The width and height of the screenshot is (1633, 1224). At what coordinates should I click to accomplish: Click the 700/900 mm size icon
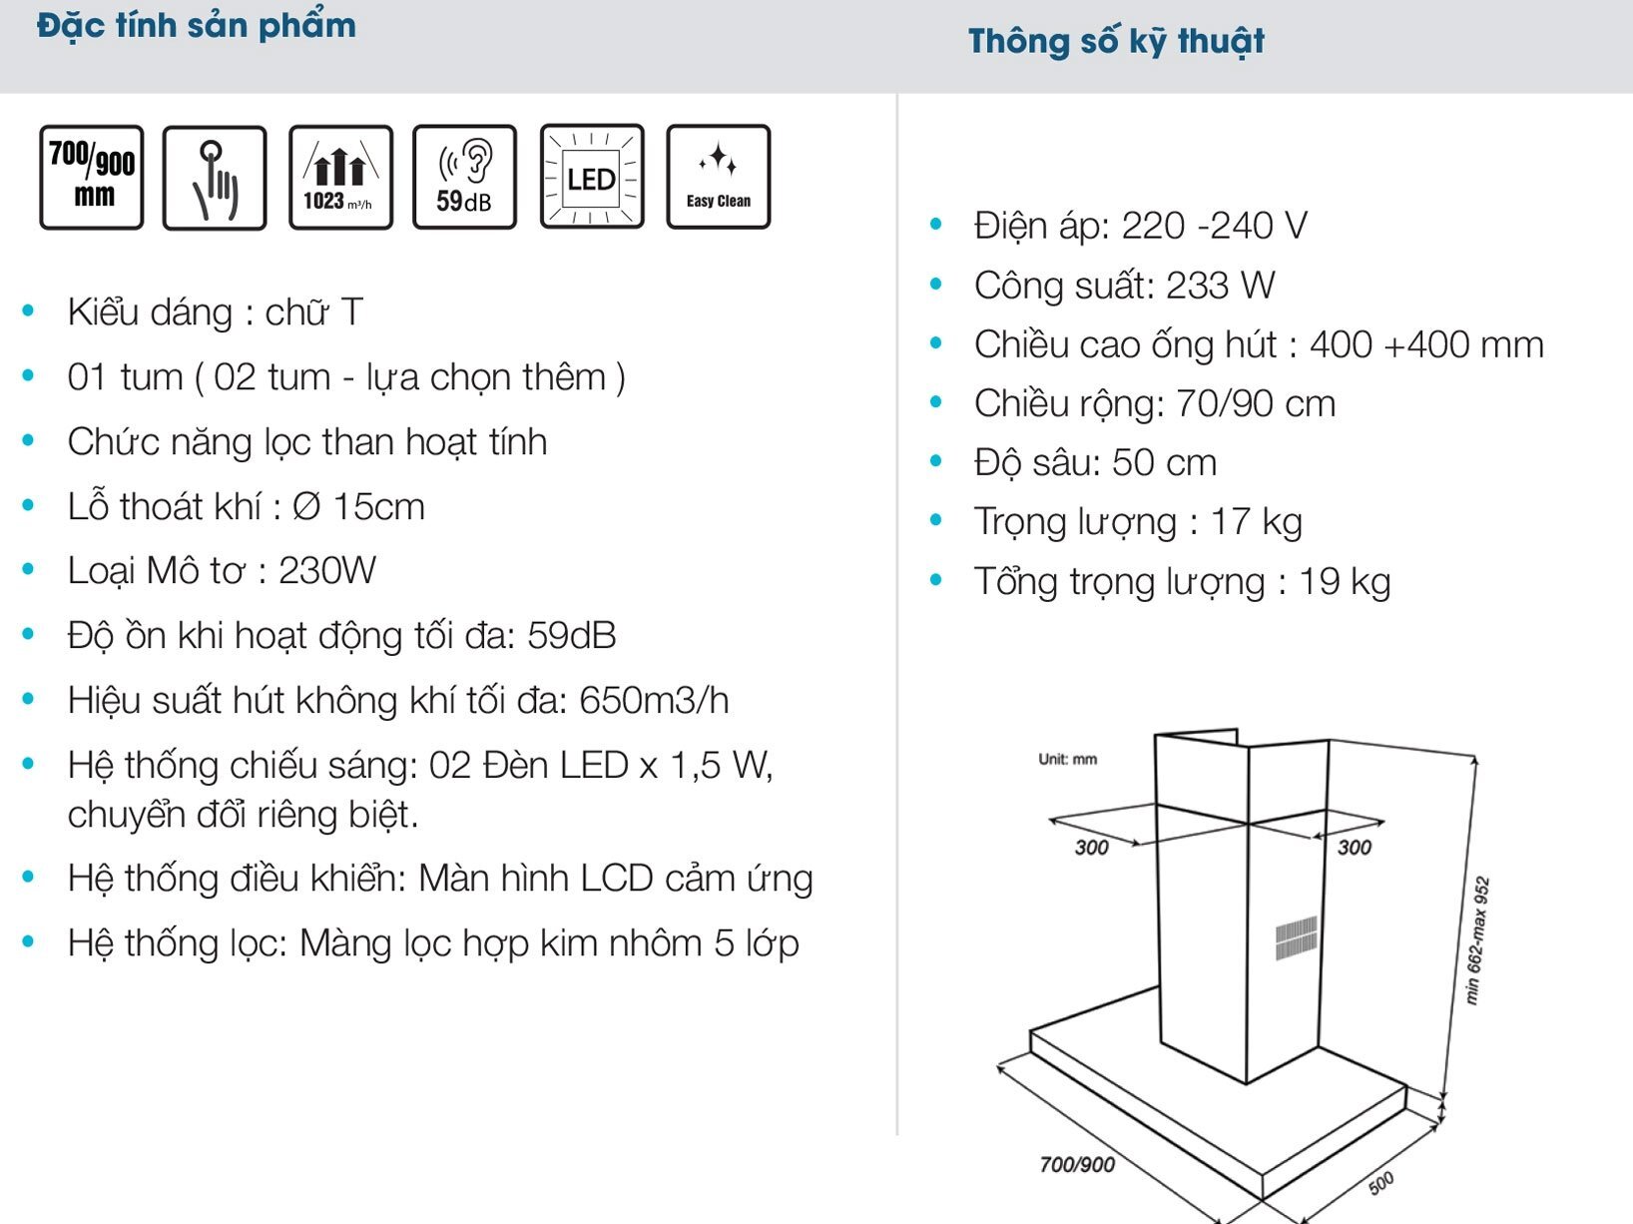(x=92, y=178)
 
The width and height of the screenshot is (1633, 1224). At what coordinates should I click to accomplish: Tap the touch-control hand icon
(x=215, y=178)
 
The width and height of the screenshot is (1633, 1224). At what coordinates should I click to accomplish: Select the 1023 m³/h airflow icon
(x=340, y=178)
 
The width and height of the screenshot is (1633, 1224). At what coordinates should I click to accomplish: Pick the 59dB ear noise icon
(x=464, y=178)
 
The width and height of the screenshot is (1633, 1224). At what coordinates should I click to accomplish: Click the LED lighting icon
(x=592, y=178)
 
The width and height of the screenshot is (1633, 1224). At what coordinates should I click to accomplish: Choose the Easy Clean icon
(x=718, y=178)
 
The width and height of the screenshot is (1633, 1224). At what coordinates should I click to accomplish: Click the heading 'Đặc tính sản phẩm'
(x=197, y=25)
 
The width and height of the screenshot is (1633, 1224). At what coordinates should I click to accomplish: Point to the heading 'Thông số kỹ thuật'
(x=1116, y=41)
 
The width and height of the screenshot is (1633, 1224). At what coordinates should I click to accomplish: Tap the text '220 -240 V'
(x=1214, y=227)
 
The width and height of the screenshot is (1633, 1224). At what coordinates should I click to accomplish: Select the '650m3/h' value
(x=654, y=701)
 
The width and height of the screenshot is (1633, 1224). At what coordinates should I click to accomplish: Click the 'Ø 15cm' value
(x=359, y=507)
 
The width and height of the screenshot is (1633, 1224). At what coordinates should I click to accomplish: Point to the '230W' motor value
(x=326, y=571)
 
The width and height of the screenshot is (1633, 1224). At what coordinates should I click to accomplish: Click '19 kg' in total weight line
(x=1344, y=582)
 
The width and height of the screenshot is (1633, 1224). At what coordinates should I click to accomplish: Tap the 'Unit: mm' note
(x=1067, y=759)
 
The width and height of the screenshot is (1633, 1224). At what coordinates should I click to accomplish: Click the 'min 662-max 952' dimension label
(x=1477, y=939)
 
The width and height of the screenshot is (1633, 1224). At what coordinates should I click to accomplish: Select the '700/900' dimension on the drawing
(x=1077, y=1164)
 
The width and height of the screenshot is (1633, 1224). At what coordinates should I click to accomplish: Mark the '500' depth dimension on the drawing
(x=1380, y=1184)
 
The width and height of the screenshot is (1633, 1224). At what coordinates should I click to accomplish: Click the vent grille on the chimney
(x=1296, y=937)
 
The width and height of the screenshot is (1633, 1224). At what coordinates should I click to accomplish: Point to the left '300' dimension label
(x=1091, y=848)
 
